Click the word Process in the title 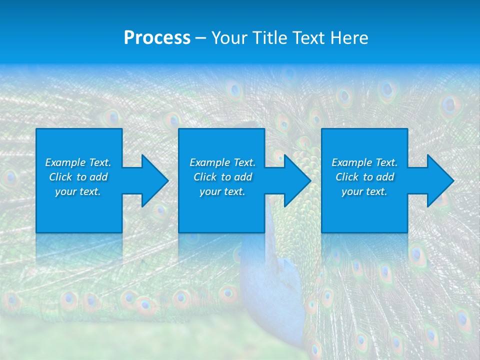pyautogui.click(x=157, y=38)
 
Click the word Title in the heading pyautogui.click(x=268, y=38)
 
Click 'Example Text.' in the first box pyautogui.click(x=78, y=162)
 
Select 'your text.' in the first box pyautogui.click(x=78, y=191)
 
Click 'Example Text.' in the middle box pyautogui.click(x=222, y=162)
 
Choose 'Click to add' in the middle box pyautogui.click(x=222, y=177)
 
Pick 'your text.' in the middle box pyautogui.click(x=222, y=191)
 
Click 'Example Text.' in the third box pyautogui.click(x=364, y=162)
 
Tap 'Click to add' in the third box pyautogui.click(x=364, y=177)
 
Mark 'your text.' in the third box pyautogui.click(x=364, y=191)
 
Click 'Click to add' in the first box pyautogui.click(x=78, y=177)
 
